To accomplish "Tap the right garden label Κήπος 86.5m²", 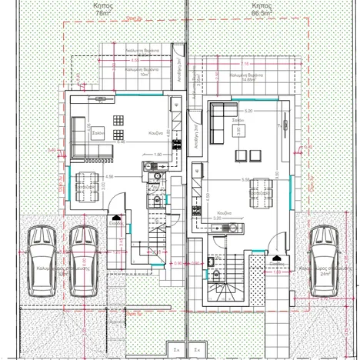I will pos(262,8).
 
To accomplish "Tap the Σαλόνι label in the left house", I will pos(98,132).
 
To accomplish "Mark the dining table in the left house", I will pos(84,182).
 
